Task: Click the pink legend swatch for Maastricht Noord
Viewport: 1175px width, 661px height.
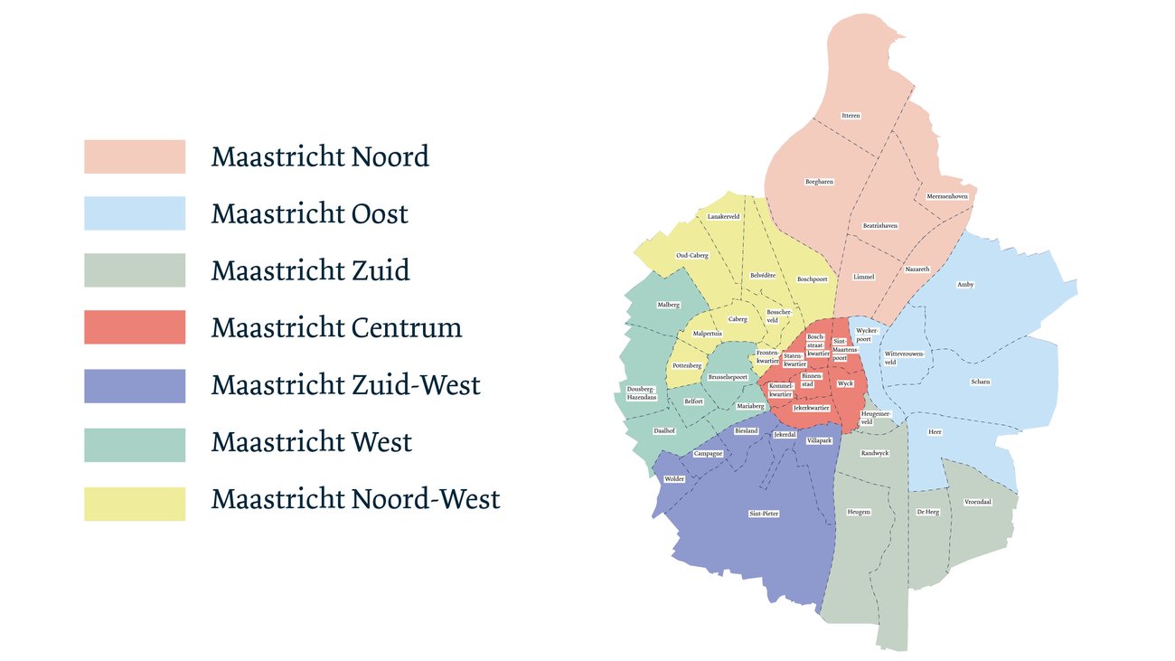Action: [135, 156]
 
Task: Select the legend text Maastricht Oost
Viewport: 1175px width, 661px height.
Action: [309, 214]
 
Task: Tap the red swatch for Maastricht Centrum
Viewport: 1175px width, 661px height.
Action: [135, 327]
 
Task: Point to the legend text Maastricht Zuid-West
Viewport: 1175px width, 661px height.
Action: [345, 385]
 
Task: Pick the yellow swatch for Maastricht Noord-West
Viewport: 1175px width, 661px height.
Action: [135, 504]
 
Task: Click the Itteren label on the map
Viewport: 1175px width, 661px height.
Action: [851, 116]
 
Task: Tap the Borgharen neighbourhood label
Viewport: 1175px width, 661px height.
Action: [819, 182]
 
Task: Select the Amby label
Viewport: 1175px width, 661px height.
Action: [965, 285]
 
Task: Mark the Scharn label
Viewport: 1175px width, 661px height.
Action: [980, 382]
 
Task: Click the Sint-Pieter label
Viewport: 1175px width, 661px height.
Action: [764, 514]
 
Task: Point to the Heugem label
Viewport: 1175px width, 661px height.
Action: [859, 512]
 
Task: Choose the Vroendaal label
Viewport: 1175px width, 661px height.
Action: [978, 501]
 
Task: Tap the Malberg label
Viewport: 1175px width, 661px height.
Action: [668, 305]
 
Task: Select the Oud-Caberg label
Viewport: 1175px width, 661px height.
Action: [692, 256]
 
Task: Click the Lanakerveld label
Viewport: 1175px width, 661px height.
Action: [724, 216]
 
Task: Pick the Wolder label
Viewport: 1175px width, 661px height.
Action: [674, 478]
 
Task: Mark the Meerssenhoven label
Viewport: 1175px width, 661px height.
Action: [947, 196]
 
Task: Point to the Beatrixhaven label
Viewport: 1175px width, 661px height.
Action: [879, 225]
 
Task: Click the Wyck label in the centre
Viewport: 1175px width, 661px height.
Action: [845, 383]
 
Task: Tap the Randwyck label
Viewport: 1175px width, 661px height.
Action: [875, 453]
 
